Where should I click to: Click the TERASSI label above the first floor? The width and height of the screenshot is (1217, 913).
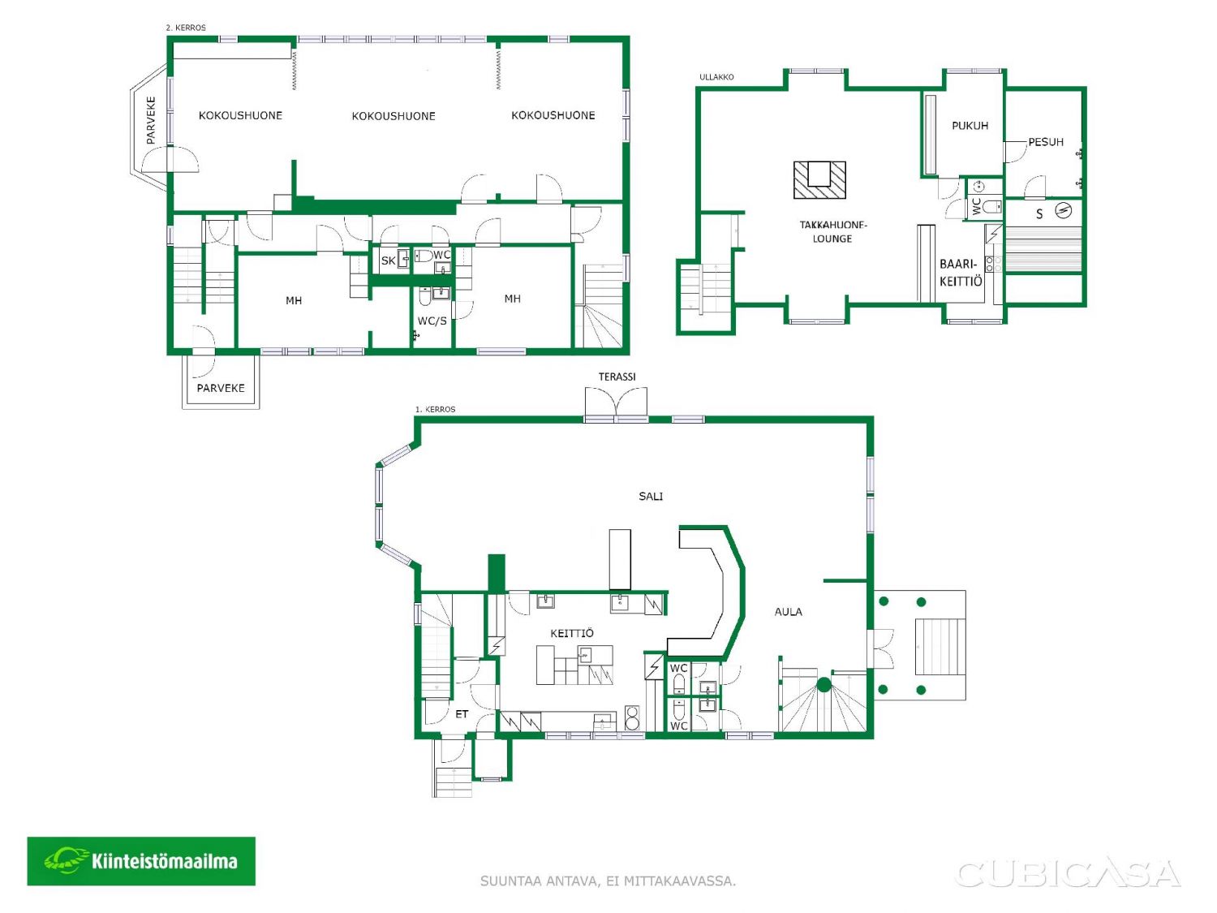pos(617,377)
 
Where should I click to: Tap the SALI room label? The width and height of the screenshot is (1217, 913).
pos(651,496)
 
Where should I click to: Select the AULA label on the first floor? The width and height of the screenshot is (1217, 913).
pos(788,611)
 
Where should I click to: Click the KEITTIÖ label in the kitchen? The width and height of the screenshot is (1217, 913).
pos(572,633)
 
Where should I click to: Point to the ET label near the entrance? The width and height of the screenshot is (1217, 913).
pos(462,714)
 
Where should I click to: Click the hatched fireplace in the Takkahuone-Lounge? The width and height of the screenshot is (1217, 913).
pos(819,179)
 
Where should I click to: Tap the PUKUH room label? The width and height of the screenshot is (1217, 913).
pos(970,126)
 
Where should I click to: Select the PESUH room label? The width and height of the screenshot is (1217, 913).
pos(1046,142)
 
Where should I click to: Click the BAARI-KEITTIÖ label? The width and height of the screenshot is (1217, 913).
pos(961,273)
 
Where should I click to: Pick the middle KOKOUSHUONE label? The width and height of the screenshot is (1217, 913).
pos(393,116)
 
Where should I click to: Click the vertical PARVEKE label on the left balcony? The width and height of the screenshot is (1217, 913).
pos(151,120)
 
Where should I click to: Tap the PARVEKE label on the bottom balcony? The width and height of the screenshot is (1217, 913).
pos(221,388)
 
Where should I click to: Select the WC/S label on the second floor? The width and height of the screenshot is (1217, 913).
pos(432,321)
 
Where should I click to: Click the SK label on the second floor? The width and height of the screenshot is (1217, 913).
pos(388,261)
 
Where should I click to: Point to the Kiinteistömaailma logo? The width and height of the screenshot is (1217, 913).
pos(141,861)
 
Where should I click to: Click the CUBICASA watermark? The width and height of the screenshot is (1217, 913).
pos(1068,874)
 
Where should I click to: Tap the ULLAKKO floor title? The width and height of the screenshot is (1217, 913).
pos(716,77)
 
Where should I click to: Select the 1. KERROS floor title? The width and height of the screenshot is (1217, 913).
pos(435,409)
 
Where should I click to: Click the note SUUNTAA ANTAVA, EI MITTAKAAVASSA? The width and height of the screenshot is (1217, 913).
pos(608,881)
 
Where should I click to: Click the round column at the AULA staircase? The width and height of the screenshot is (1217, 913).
pos(824,685)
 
